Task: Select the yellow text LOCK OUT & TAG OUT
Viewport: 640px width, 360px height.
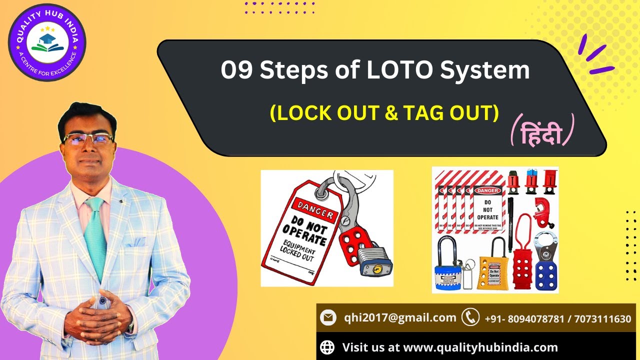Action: pos(384,113)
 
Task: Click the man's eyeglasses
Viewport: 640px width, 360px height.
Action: pos(88,139)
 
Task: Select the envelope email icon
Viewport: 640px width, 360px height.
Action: pos(328,317)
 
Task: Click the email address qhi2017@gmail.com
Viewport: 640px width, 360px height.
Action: pos(400,317)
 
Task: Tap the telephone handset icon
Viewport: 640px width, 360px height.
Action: pos(470,317)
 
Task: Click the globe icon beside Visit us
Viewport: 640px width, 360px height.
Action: pos(327,347)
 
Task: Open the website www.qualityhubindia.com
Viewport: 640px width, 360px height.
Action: pos(480,347)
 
